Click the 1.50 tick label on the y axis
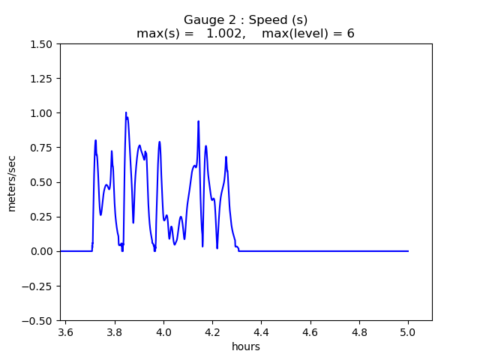click(x=42, y=44)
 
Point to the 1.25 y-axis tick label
click(x=42, y=79)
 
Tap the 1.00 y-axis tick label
click(x=42, y=113)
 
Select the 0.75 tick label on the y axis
click(x=42, y=148)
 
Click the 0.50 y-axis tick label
click(x=42, y=182)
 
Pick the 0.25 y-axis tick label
click(x=42, y=217)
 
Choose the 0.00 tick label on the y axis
click(x=42, y=251)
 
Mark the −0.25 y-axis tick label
click(x=39, y=286)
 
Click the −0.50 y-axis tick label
click(x=39, y=320)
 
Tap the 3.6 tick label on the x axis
click(x=66, y=332)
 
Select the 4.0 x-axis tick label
click(x=163, y=332)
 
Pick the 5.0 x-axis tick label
click(x=408, y=332)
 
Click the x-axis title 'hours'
click(x=246, y=346)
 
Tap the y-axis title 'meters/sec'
click(x=12, y=182)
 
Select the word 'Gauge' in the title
click(x=202, y=20)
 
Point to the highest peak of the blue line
click(x=126, y=112)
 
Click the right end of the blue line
click(x=408, y=251)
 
